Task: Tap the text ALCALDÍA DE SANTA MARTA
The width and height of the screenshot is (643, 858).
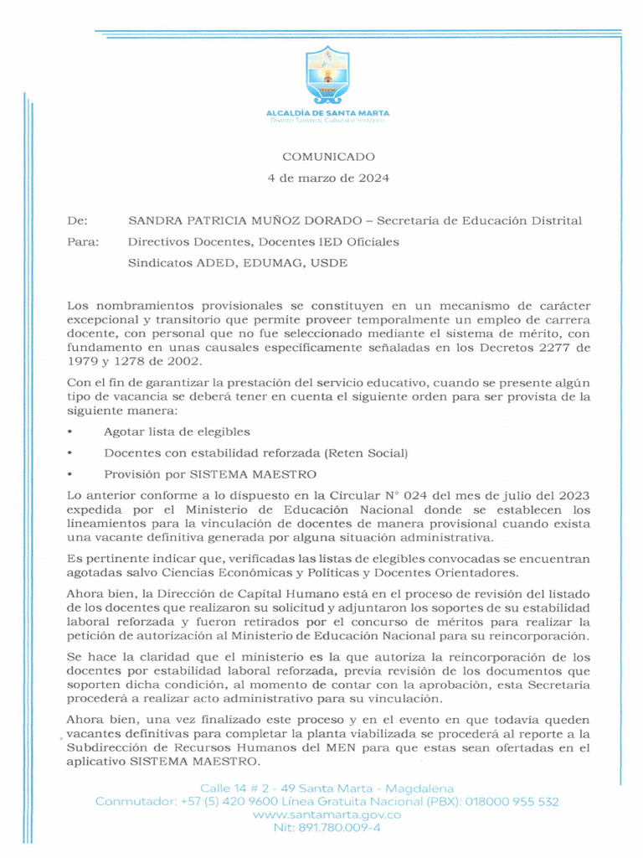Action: tap(327, 112)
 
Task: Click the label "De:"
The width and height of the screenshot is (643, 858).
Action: tap(77, 220)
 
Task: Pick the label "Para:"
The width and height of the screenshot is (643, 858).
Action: tap(82, 242)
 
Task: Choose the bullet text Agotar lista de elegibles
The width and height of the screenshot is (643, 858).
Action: tap(177, 432)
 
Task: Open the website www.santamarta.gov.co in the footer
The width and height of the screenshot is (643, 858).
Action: tap(327, 814)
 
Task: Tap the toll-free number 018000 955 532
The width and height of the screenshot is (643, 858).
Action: tap(512, 802)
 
